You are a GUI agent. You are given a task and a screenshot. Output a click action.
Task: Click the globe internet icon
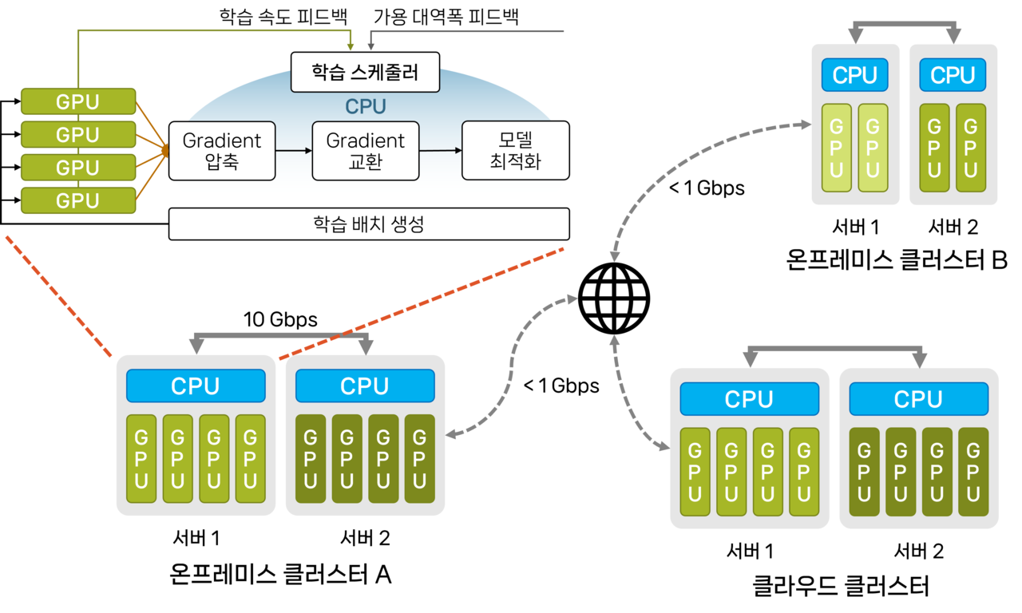point(613,297)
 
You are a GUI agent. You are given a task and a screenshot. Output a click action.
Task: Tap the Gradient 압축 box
point(222,151)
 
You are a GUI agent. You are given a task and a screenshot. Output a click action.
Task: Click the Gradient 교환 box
point(365,151)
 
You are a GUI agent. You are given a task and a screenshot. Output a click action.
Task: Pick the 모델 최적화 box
point(515,151)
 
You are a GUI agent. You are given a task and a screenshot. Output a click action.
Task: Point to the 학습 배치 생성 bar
point(369,223)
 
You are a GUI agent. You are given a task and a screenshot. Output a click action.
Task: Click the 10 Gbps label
point(279,320)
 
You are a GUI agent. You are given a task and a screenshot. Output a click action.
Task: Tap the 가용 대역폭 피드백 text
point(446,17)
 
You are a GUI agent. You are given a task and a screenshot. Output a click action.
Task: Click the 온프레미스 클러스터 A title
point(280,573)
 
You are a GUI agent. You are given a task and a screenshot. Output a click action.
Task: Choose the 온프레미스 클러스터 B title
point(897,259)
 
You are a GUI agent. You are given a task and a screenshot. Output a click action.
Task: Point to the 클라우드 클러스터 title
point(841,587)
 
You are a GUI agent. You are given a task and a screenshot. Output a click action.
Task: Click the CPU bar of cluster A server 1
point(196,386)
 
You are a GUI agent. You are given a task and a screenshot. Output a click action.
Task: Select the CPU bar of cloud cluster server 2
point(918,399)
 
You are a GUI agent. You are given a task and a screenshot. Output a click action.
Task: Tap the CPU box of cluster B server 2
point(953,75)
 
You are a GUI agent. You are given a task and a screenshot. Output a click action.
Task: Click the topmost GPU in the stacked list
point(78,102)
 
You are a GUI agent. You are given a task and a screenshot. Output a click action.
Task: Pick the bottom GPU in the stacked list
point(78,200)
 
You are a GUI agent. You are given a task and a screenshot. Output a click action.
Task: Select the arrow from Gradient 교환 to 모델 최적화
point(440,150)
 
